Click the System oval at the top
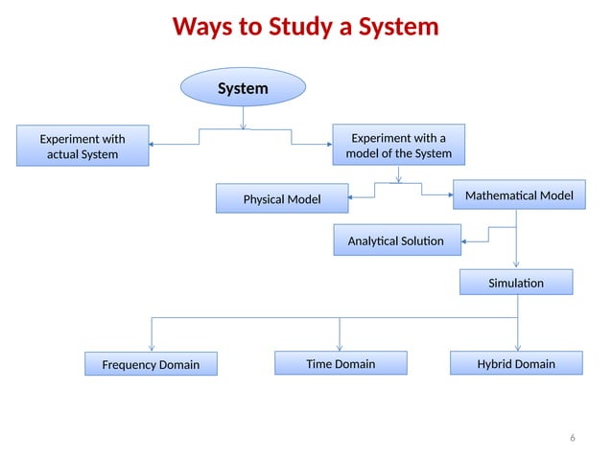(243, 88)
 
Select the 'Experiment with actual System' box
(82, 147)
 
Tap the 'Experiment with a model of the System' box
(398, 146)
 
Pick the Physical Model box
(281, 199)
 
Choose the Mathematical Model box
(518, 195)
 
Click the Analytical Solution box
(395, 240)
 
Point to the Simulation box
(516, 283)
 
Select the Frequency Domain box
(151, 364)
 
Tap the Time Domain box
(341, 363)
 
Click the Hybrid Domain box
(516, 363)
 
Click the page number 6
(573, 438)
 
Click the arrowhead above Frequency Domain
(151, 347)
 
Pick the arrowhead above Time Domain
(341, 347)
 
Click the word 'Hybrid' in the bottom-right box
(495, 363)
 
